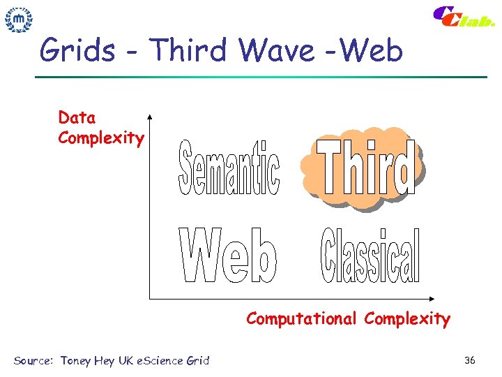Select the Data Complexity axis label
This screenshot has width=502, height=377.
click(100, 128)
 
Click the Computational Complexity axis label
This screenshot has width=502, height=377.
click(348, 319)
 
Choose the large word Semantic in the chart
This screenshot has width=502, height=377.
click(229, 168)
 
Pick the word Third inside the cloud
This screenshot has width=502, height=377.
click(364, 168)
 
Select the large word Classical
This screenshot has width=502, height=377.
click(370, 256)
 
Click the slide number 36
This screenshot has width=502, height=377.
click(470, 360)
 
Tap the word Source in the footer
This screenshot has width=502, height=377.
click(32, 361)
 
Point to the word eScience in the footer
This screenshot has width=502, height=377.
click(158, 361)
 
